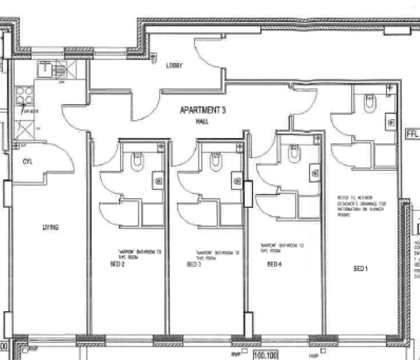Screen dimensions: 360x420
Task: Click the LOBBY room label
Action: point(174,66)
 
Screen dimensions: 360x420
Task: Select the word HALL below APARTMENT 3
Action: point(202,120)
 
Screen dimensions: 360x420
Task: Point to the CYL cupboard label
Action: point(28,161)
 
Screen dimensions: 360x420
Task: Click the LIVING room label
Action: point(50,227)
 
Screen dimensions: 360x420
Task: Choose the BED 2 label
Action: point(118,265)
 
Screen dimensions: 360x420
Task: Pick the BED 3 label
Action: point(193,265)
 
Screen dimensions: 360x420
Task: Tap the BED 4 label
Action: point(274,265)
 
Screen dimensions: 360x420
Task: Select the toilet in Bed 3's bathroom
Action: point(216,161)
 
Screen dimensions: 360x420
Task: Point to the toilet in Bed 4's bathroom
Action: point(294,154)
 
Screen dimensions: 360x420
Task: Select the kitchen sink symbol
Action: point(46,69)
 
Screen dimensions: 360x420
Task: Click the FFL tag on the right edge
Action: point(412,134)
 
